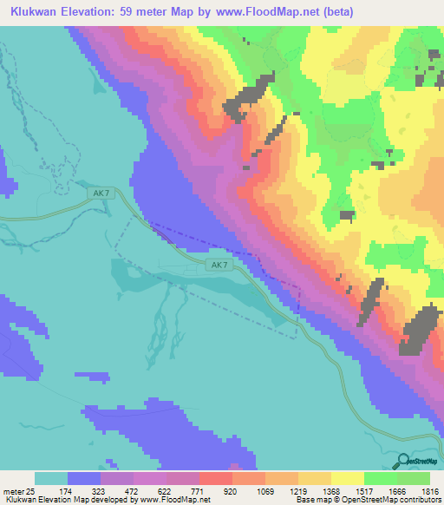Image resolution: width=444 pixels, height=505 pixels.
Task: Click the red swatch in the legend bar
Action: tap(214, 478)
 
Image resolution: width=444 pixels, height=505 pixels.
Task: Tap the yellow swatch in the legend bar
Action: tap(346, 478)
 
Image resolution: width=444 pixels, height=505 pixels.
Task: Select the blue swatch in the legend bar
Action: tap(84, 478)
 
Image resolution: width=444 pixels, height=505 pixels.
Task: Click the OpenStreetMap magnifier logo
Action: tap(402, 462)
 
